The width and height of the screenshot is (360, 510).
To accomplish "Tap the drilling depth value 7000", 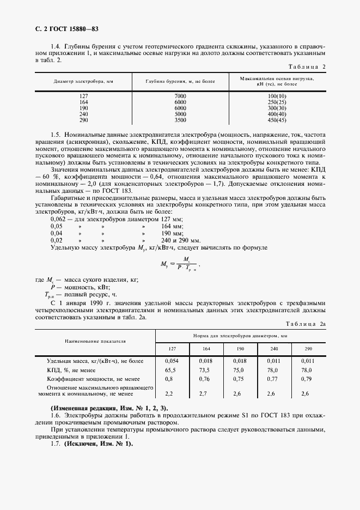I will click(x=180, y=96).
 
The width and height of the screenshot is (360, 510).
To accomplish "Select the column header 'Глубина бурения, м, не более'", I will click(x=180, y=81).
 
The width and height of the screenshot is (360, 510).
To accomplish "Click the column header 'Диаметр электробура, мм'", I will click(x=83, y=81).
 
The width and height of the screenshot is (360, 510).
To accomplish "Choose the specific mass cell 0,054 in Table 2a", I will click(x=172, y=361).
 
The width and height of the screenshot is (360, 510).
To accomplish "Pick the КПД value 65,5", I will click(x=172, y=369).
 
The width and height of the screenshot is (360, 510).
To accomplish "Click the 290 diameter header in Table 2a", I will click(x=308, y=348).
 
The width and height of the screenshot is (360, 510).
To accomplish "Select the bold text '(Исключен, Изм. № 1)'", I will click(x=98, y=443).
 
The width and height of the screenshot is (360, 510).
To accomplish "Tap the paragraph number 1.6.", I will click(x=56, y=415).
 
